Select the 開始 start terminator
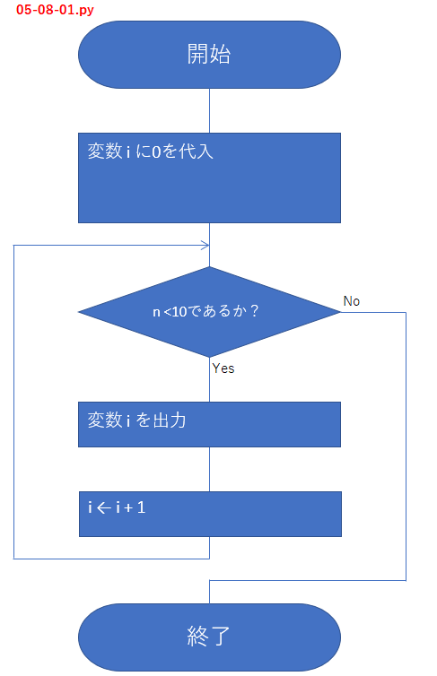point(209,54)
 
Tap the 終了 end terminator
point(209,637)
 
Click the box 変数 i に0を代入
point(209,178)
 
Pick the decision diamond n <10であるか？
point(209,312)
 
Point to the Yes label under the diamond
point(223,368)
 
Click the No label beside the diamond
point(352,301)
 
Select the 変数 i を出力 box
point(209,424)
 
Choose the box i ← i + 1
point(209,514)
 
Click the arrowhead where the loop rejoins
point(206,245)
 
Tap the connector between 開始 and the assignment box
point(209,110)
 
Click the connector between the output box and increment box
point(209,468)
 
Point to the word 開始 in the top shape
point(209,54)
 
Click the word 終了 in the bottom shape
point(209,637)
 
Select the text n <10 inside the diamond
point(168,312)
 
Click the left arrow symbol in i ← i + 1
point(103,507)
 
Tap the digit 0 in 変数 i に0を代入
point(156,152)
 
